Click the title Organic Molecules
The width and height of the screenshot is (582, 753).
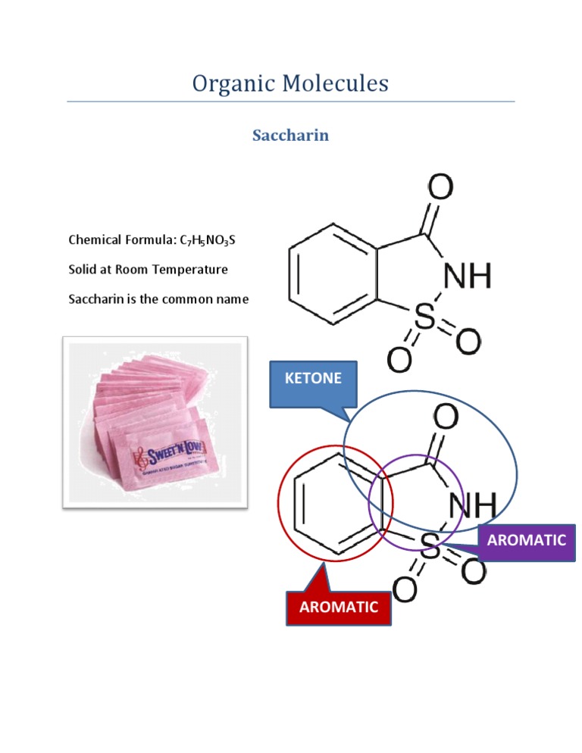click(290, 83)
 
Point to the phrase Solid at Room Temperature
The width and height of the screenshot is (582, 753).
click(148, 269)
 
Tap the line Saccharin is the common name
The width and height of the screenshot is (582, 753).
click(158, 298)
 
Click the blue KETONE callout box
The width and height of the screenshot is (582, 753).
click(313, 378)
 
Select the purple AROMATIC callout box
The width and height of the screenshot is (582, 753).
click(527, 541)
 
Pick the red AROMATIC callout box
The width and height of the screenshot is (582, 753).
click(339, 608)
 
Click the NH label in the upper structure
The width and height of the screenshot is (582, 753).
click(467, 277)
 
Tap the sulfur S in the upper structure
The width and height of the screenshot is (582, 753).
click(426, 320)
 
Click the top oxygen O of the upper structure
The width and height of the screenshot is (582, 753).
click(441, 187)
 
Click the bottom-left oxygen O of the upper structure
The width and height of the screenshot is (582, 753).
click(400, 358)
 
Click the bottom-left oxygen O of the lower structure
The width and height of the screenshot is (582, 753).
click(405, 589)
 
